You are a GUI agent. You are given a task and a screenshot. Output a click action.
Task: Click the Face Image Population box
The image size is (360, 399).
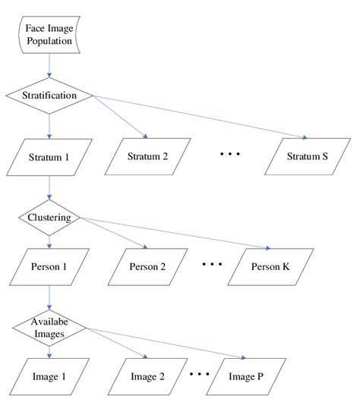click(x=49, y=33)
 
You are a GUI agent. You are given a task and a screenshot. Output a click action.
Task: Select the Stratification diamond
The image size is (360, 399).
click(x=49, y=96)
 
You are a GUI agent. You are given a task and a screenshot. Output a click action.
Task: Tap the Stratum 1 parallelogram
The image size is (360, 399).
click(x=49, y=158)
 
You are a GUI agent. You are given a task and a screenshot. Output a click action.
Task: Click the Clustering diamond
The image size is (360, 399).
click(x=49, y=218)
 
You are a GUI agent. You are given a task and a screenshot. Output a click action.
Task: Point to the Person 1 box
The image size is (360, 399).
click(x=49, y=268)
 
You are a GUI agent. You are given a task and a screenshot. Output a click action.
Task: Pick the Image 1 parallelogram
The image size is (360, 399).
click(x=49, y=374)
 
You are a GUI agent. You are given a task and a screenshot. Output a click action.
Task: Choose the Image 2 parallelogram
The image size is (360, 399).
click(x=147, y=374)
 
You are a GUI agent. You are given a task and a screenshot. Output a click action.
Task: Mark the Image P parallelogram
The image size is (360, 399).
click(x=245, y=374)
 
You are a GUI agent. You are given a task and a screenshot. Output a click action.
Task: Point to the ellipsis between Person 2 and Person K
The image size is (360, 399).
click(x=212, y=265)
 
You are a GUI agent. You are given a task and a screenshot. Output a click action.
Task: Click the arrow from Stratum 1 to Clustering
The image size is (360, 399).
click(x=49, y=190)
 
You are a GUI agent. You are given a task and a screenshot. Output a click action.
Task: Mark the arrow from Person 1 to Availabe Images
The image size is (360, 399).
click(x=49, y=297)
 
